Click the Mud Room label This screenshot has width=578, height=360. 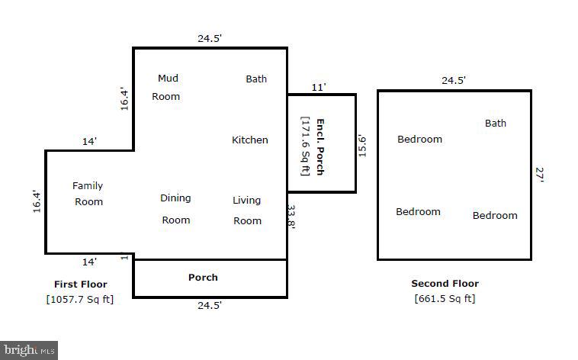point(166,87)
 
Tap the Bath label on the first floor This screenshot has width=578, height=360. point(256,79)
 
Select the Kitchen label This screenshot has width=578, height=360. point(250,140)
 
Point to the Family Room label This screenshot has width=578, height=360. point(88,194)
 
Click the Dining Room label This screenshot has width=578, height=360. point(175,209)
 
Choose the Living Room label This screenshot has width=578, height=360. point(247,211)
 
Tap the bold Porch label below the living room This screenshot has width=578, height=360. point(203,277)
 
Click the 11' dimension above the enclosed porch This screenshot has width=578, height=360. point(318,87)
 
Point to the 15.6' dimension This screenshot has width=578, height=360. point(363,146)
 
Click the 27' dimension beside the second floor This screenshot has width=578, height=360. point(540,175)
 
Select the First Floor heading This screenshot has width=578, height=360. point(80,284)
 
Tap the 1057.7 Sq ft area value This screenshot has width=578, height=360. point(80,299)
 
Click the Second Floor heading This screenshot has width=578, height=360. point(445,284)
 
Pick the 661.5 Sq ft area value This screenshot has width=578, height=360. point(445,299)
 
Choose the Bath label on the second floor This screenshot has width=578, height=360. point(496,123)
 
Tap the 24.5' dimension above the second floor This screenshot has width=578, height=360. point(454,80)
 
